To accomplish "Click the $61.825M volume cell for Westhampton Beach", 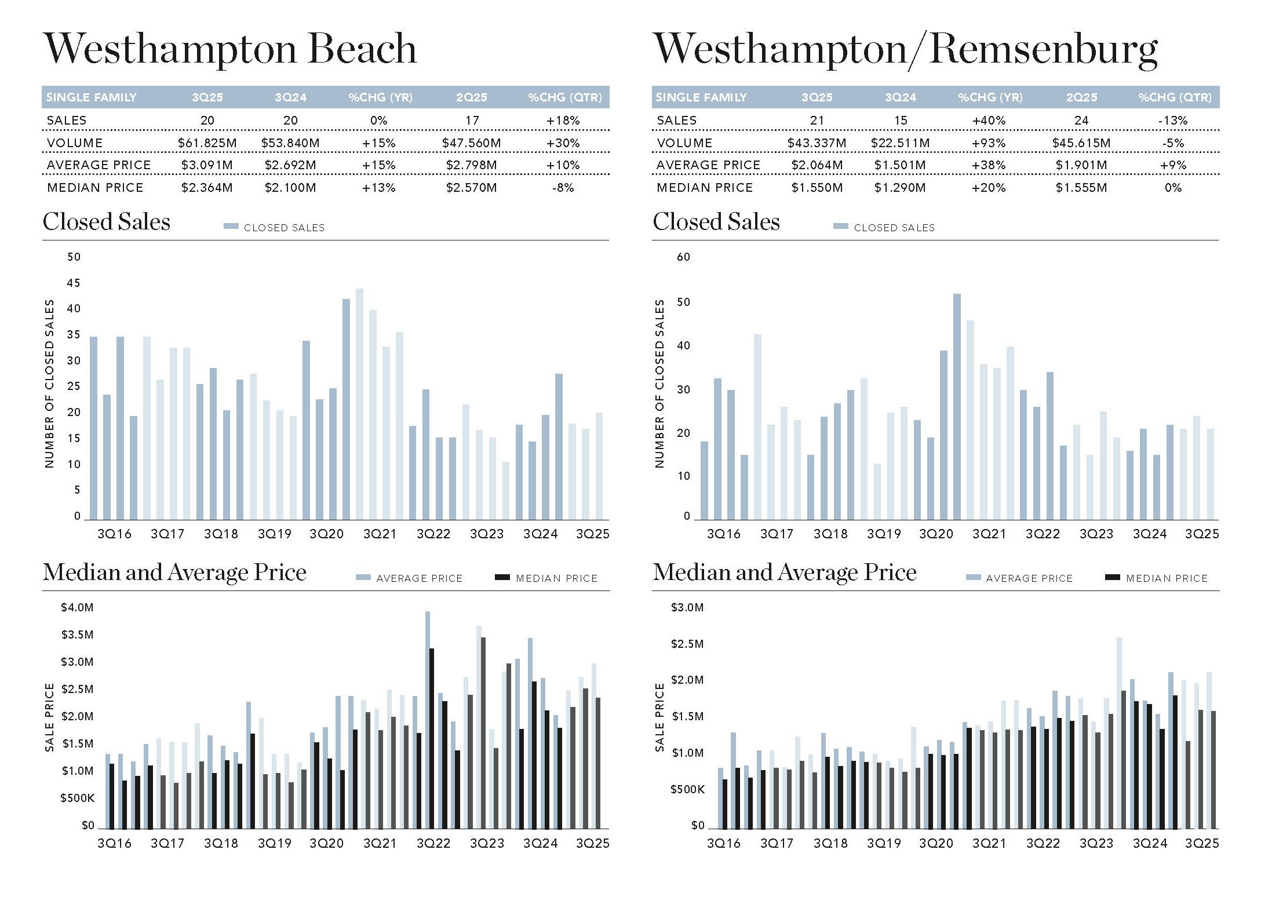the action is (207, 143).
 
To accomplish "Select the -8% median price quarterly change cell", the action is (563, 188).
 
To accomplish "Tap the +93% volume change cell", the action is (989, 143).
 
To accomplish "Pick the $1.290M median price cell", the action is (900, 188).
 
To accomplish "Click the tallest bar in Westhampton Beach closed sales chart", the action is (359, 404).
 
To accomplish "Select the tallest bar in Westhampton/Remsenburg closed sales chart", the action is (957, 407).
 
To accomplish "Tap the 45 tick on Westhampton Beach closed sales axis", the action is (74, 283).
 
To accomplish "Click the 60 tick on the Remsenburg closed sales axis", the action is (684, 257).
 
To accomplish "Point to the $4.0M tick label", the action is (77, 607).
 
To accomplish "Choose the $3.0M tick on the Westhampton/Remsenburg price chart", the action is (687, 607).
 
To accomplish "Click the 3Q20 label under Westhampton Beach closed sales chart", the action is (327, 534).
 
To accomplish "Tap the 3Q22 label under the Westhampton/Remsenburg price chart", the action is (1043, 843).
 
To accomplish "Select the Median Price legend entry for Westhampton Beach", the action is (546, 578).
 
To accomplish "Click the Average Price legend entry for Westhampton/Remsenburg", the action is (1020, 578).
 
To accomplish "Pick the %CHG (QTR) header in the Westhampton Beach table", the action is (565, 97).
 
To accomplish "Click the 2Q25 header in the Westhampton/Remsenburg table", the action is (1081, 97).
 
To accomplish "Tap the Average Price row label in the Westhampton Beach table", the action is (99, 165).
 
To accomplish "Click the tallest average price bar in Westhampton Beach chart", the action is (428, 720).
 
